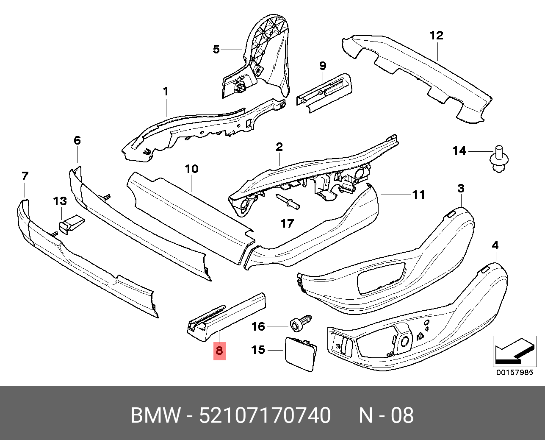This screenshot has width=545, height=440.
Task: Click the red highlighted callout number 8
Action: tap(219, 351)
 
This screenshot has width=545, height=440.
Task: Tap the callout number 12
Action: tap(436, 36)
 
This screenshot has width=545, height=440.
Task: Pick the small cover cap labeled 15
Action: tap(300, 354)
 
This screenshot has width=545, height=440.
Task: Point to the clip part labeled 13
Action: tap(70, 223)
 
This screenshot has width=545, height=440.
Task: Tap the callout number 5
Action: tap(216, 50)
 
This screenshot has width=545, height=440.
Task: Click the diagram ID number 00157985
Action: tap(515, 373)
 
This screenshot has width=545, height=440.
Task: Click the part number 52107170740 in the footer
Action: tap(265, 415)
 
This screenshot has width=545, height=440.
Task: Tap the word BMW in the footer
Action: tap(155, 415)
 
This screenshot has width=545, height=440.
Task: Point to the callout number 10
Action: tap(191, 169)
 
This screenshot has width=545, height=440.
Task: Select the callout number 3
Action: tap(461, 188)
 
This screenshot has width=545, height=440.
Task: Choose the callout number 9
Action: tap(323, 66)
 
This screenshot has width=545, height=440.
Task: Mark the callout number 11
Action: tap(418, 195)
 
